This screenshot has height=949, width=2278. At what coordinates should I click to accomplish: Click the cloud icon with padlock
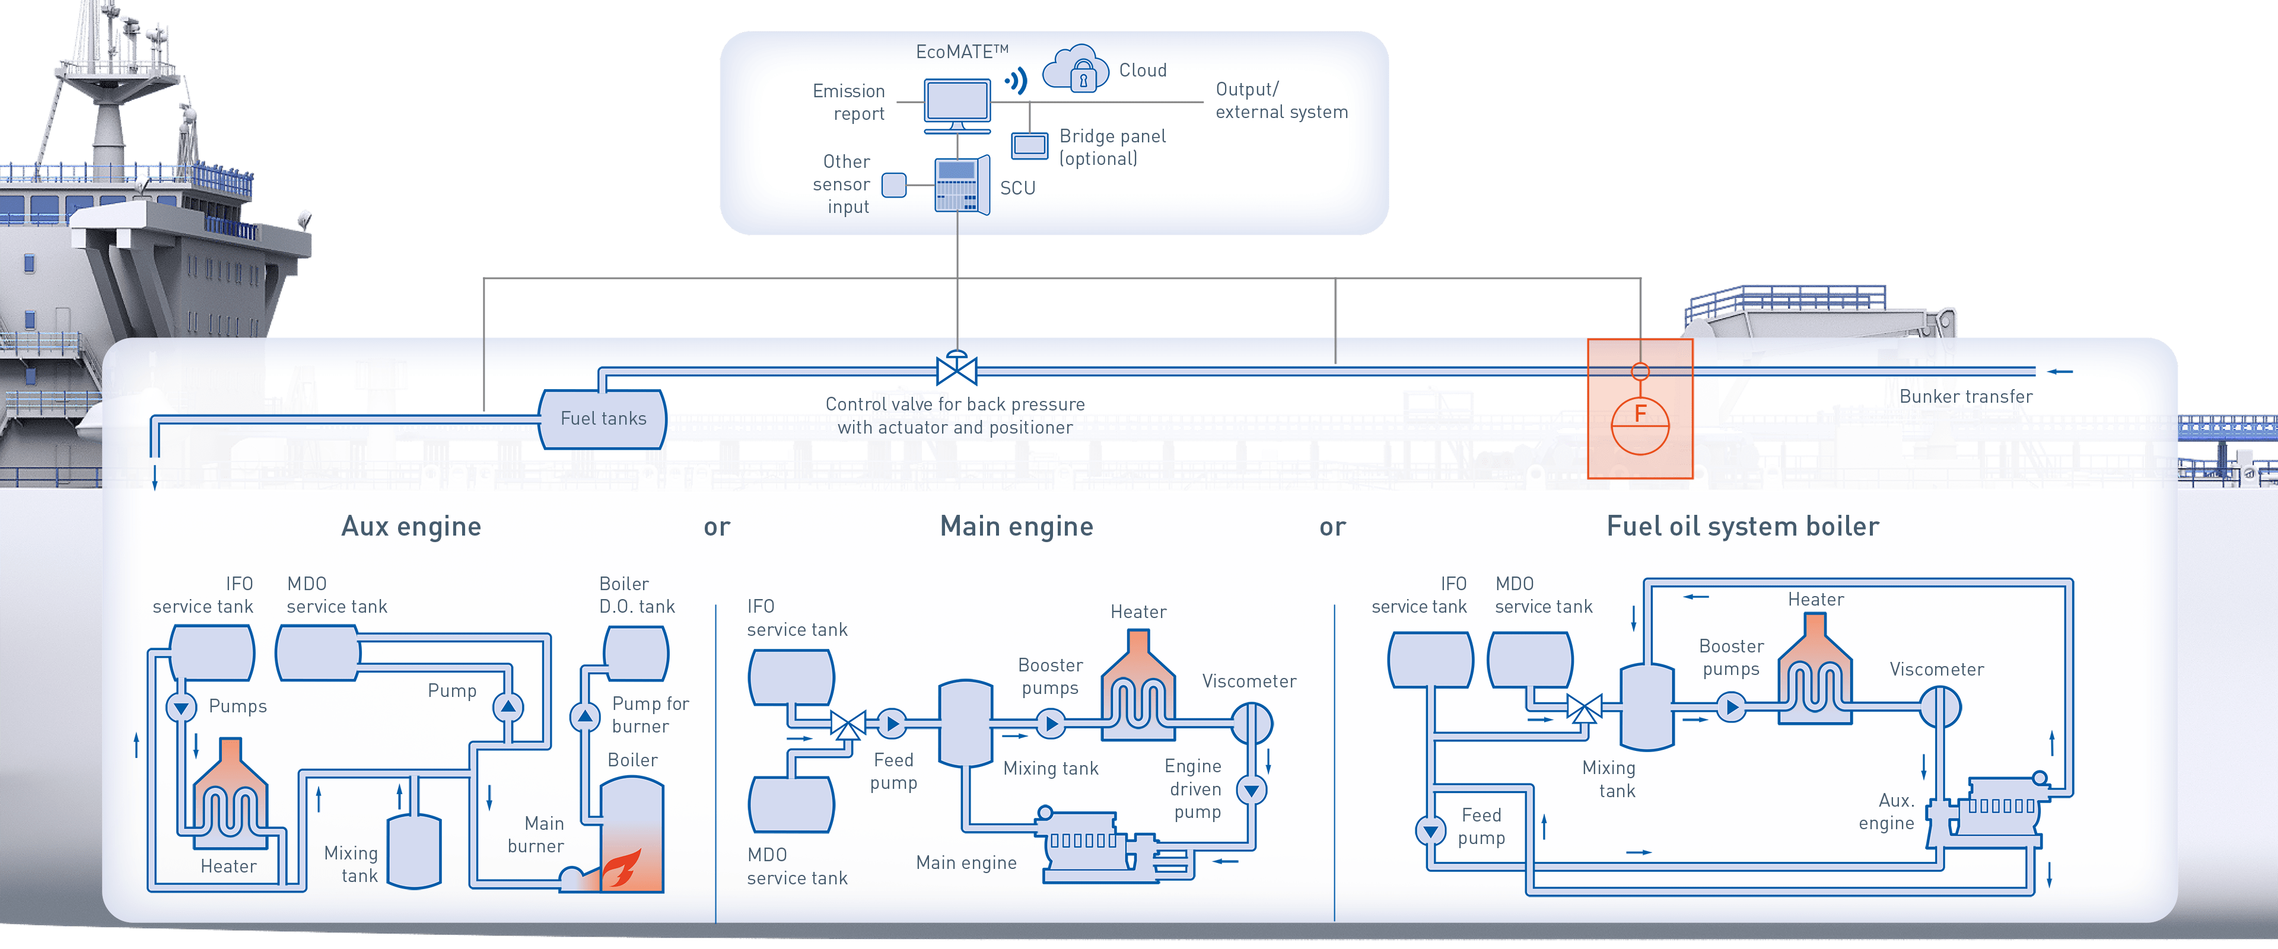[x=1076, y=69]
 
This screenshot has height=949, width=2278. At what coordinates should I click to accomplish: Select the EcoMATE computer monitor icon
[x=957, y=103]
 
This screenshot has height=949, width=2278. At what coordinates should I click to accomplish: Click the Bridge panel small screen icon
[x=1029, y=145]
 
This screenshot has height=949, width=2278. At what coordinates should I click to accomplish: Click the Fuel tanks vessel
[x=603, y=418]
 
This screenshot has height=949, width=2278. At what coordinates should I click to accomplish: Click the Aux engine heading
[x=411, y=526]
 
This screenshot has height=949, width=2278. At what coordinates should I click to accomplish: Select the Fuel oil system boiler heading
[x=1742, y=526]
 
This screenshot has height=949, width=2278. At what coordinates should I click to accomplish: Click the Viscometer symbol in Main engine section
[x=1251, y=724]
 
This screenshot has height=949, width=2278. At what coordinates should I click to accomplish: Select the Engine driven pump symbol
[x=1251, y=789]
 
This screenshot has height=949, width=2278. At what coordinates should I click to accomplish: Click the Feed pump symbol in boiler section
[x=1429, y=830]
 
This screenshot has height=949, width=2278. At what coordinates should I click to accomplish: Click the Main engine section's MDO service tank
[x=791, y=804]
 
